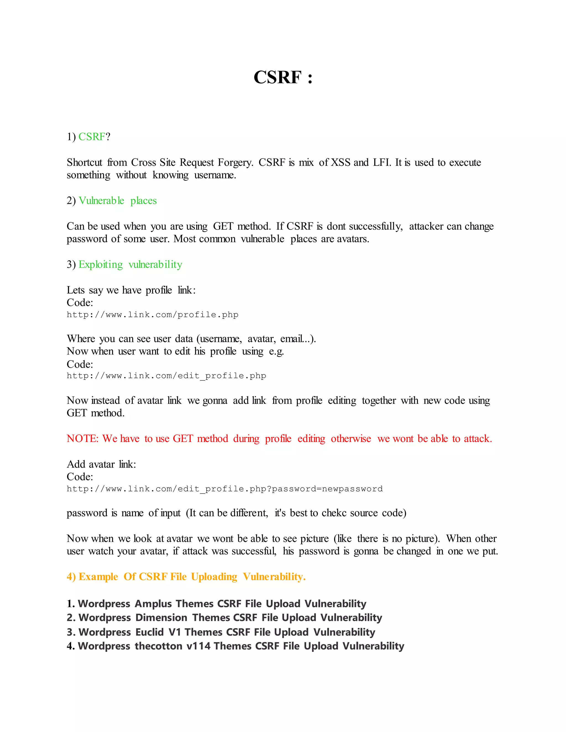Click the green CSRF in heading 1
(91, 137)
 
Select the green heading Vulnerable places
(118, 201)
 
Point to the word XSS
(341, 162)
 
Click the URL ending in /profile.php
(153, 315)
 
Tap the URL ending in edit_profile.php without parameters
(166, 376)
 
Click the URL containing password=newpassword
(225, 489)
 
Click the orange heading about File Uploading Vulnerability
(186, 577)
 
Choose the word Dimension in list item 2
(161, 618)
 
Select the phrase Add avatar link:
(101, 465)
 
